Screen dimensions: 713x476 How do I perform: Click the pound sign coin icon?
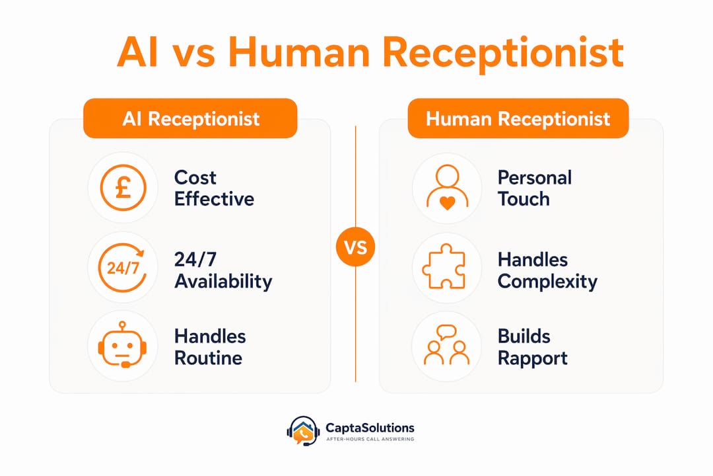(123, 188)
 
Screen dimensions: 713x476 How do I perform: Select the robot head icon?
(122, 345)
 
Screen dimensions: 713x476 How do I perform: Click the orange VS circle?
(356, 247)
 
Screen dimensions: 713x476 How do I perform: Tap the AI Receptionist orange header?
(190, 118)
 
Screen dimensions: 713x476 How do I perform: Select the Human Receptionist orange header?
(518, 118)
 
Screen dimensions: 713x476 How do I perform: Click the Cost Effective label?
(214, 188)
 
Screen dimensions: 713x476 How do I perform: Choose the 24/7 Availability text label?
(223, 270)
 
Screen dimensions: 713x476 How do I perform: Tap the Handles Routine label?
(210, 347)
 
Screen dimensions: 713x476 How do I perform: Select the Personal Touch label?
(534, 188)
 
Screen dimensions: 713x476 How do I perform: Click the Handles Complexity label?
(547, 270)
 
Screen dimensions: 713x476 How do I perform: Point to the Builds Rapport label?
(533, 347)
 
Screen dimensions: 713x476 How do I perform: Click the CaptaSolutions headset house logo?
(303, 430)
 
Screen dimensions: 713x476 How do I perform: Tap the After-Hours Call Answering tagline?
(370, 439)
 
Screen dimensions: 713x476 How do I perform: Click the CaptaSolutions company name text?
(370, 428)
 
